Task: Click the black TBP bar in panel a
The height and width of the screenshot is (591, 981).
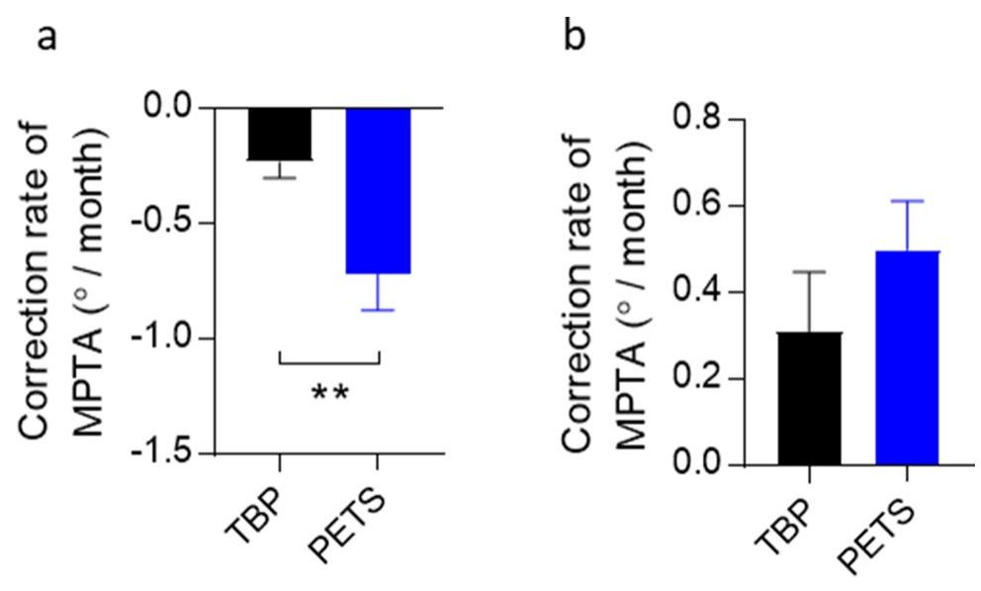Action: click(280, 134)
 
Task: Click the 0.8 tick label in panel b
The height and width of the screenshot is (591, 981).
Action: click(698, 121)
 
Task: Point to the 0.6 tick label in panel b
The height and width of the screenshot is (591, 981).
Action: click(698, 207)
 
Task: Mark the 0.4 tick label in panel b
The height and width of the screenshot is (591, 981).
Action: click(698, 293)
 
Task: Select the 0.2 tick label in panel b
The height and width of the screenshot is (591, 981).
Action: click(698, 379)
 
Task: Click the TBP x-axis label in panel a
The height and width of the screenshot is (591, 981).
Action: click(256, 506)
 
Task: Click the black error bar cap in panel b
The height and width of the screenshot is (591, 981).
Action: click(809, 272)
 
